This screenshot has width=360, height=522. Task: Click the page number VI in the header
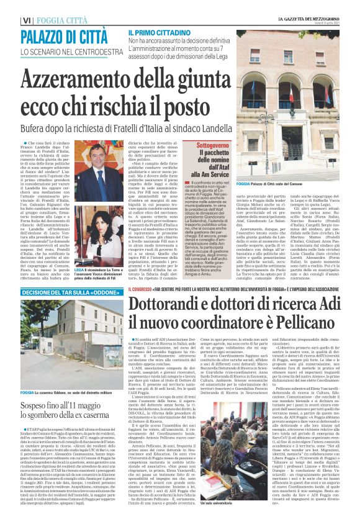pyautogui.click(x=25, y=21)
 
